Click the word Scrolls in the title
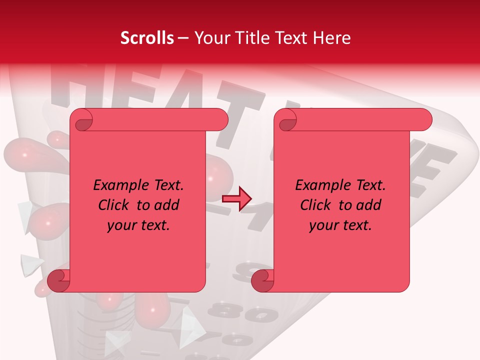(147, 38)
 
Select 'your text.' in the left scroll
(138, 225)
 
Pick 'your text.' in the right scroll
(340, 225)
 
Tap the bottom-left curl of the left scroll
(59, 280)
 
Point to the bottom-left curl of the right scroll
(262, 280)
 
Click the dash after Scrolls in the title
(183, 38)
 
